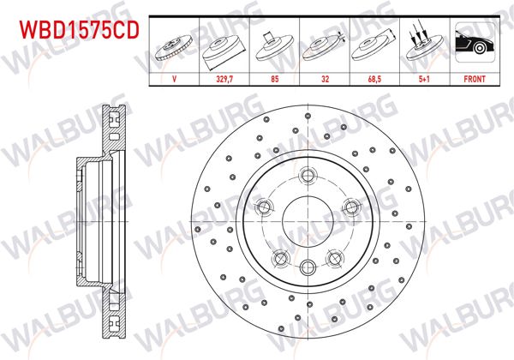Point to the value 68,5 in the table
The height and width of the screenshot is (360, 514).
372,76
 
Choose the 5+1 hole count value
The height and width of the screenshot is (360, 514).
421,76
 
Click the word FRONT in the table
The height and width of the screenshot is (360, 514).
472,76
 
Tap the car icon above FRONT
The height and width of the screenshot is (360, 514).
472,43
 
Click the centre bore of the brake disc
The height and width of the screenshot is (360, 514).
307,219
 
